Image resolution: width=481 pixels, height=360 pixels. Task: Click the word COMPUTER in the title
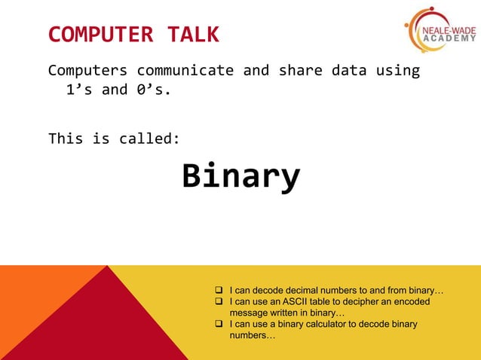coord(101,35)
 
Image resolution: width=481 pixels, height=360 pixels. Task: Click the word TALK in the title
coord(190,35)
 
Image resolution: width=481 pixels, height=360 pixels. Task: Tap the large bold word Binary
coord(240,176)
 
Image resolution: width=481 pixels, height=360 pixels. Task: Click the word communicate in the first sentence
coord(185,71)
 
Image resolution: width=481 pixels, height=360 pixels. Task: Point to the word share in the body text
coord(300,71)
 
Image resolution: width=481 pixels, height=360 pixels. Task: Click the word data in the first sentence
coord(349,71)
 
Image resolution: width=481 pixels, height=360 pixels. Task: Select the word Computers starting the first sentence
coord(87,71)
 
